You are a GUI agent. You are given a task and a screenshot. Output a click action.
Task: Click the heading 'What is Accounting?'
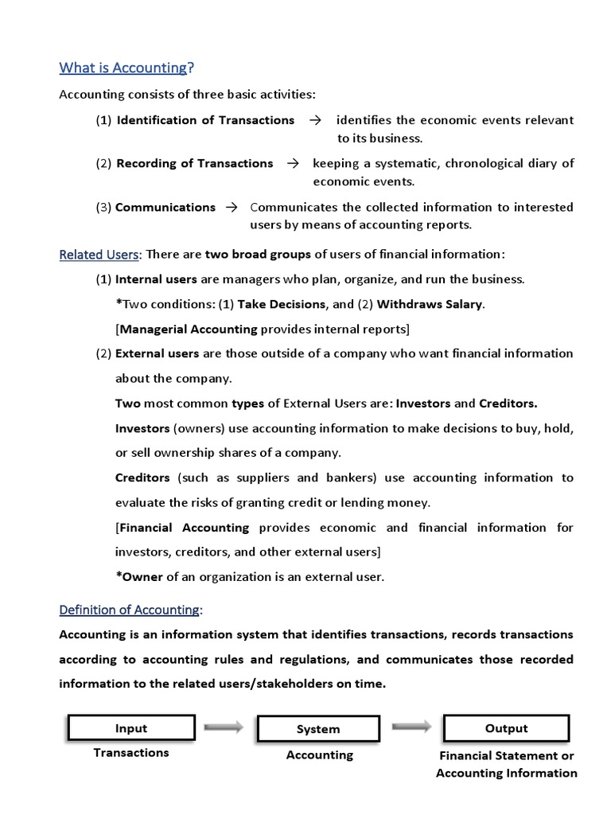click(x=126, y=68)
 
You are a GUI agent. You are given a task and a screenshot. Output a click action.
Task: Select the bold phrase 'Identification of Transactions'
click(x=205, y=120)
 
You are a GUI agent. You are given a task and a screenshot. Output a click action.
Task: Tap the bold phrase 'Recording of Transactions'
click(x=194, y=163)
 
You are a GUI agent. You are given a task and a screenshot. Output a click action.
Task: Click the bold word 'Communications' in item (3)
click(x=165, y=207)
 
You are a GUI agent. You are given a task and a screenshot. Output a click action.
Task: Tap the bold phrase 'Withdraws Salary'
click(x=430, y=304)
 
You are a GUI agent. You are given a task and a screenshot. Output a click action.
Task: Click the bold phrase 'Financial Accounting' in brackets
click(x=184, y=528)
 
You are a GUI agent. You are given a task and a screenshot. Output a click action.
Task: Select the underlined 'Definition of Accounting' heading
click(x=130, y=610)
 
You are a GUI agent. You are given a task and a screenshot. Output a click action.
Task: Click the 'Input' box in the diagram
click(x=131, y=728)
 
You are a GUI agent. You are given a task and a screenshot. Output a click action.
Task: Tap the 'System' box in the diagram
click(x=318, y=729)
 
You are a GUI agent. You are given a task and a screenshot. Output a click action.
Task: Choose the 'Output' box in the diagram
click(x=506, y=728)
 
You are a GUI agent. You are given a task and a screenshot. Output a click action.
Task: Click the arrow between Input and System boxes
click(x=225, y=727)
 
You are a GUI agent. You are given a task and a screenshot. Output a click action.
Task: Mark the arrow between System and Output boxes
click(x=412, y=726)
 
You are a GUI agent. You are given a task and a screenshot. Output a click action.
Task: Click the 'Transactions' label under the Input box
click(x=131, y=752)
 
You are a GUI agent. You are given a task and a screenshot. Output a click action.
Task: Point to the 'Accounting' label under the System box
click(x=320, y=755)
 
